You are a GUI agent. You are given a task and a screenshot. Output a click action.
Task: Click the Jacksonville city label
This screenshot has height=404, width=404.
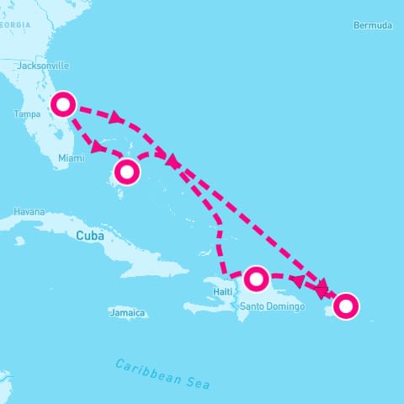[x=43, y=66]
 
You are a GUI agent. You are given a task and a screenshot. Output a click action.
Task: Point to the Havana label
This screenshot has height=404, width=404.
[x=29, y=211]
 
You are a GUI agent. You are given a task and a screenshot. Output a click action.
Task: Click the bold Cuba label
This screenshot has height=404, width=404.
[x=90, y=236]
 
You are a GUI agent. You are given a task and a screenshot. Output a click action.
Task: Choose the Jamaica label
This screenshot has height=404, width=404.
[x=127, y=313]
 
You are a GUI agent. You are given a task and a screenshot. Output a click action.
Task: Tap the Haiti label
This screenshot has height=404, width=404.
[x=222, y=291]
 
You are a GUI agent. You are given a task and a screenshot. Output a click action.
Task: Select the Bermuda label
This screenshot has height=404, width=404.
[x=373, y=25]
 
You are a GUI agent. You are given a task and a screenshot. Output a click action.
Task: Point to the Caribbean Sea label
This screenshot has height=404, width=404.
[x=162, y=374]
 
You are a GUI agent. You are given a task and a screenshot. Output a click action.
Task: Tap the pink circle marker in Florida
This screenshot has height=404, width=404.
[x=64, y=104]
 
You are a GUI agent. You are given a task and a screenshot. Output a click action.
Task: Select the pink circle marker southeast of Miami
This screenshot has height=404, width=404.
[x=126, y=172]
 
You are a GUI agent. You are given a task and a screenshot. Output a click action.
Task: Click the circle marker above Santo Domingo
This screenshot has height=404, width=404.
[x=257, y=277]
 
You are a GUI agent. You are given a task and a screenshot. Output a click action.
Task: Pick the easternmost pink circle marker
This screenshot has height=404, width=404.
[x=346, y=306]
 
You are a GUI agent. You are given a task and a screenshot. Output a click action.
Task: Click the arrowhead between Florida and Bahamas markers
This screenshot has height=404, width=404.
[x=97, y=147]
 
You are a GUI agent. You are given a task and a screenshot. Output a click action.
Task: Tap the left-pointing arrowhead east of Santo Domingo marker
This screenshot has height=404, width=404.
[x=296, y=280]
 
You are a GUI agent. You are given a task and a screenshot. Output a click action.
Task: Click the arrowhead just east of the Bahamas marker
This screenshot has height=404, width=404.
[x=172, y=160]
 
